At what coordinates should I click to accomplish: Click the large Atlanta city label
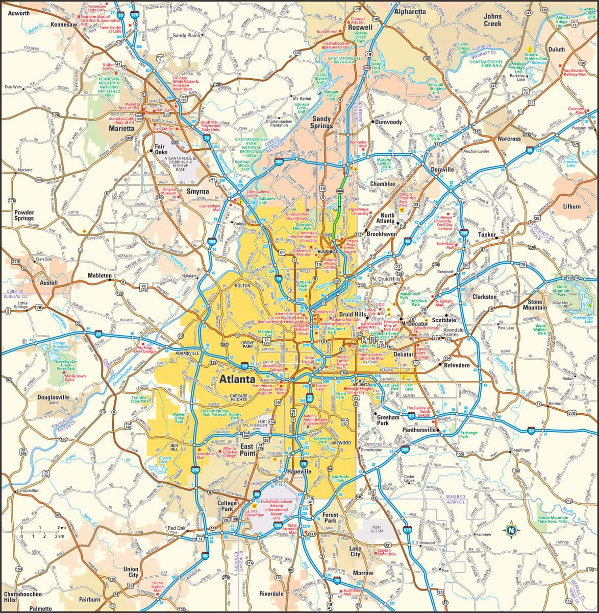coord(237,380)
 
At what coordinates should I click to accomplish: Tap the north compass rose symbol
coord(511,530)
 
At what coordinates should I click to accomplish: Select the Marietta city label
coord(121,129)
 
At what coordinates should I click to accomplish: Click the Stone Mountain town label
coord(535,304)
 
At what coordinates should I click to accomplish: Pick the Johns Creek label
coord(492,20)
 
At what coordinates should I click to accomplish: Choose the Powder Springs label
coord(24,216)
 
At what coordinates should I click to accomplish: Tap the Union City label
coord(131,572)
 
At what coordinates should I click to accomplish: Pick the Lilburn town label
coord(571,206)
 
